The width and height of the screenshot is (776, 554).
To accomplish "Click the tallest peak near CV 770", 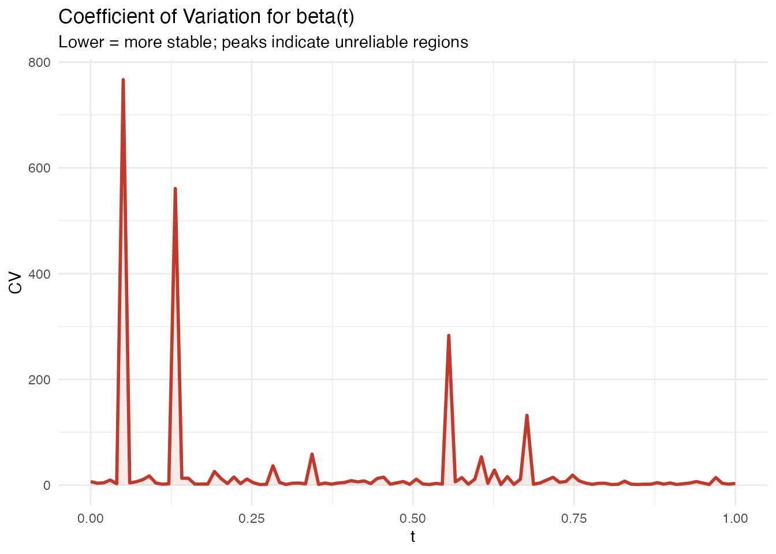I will click(123, 80).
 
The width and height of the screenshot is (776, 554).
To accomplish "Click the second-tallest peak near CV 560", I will click(175, 189).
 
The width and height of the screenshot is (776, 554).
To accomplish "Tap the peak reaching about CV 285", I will click(449, 335).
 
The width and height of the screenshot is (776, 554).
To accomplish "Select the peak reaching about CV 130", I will click(527, 415).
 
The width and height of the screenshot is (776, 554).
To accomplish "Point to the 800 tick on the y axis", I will click(39, 62).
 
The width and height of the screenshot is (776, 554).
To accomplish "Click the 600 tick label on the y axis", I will click(39, 168).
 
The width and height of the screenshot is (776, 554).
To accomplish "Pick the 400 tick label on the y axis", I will click(39, 274).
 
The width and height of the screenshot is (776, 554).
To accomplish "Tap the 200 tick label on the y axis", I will click(39, 380).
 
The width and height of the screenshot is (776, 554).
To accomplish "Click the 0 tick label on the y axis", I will click(47, 485).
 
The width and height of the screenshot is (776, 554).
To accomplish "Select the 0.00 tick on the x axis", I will click(91, 518).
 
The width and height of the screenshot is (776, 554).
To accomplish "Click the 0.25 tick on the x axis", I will click(252, 518).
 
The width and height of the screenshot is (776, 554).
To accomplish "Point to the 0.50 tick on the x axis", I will click(413, 518).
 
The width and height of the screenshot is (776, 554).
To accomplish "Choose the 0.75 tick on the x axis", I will click(574, 518).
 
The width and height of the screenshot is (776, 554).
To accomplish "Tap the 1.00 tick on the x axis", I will click(735, 518).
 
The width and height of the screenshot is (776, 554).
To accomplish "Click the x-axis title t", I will click(413, 537).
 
